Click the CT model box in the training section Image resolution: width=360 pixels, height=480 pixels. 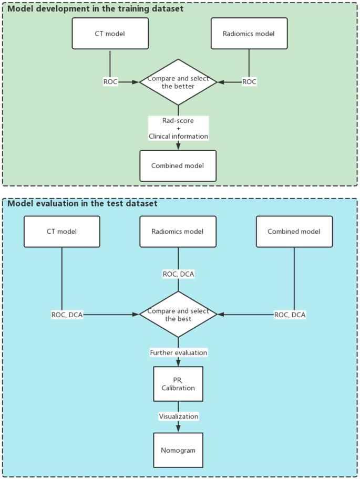coord(110,34)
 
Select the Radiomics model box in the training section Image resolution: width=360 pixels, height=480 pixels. coord(249,34)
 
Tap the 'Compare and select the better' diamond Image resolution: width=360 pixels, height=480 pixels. coord(178,82)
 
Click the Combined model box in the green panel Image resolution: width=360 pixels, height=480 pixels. coord(178,165)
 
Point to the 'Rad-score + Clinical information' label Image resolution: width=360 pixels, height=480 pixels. coord(178,128)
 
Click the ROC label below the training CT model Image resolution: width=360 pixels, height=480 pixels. coord(110,82)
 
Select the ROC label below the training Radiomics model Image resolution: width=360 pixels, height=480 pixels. coord(249,82)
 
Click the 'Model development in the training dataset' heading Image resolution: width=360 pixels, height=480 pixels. coord(95,9)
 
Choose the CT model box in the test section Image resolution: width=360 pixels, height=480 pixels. coord(62,232)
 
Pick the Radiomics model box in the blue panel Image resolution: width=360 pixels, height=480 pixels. coord(178,232)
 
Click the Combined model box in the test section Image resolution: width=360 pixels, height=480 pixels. coord(294,232)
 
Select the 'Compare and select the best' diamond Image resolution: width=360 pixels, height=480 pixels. coord(178,315)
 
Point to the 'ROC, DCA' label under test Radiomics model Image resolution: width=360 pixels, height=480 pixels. coord(178,274)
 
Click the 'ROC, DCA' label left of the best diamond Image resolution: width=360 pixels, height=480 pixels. coord(67,315)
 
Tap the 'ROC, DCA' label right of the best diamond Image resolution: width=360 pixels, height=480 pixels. coord(290,315)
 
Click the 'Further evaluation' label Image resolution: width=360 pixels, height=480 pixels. coord(178,352)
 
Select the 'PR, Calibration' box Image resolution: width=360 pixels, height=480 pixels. coord(178,384)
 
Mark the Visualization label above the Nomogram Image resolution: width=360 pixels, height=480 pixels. coord(178,416)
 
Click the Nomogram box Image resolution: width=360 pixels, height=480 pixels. coord(178,450)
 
